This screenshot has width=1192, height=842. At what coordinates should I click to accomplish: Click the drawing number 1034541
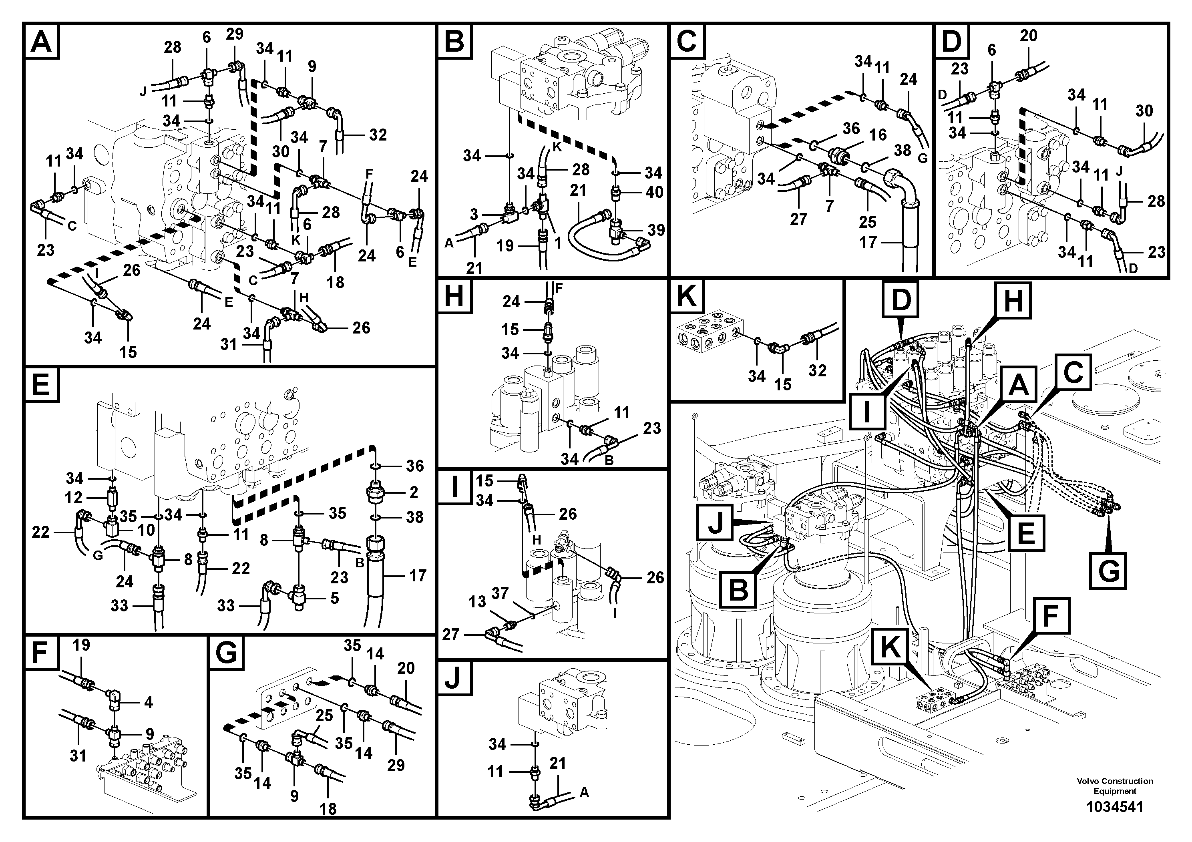point(1115,807)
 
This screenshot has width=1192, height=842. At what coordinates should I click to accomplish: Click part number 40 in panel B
point(654,192)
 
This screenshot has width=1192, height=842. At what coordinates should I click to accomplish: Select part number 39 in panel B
point(656,230)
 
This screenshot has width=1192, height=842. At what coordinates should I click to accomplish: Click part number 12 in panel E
point(73,497)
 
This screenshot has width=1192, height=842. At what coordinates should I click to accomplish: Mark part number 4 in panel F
point(149,702)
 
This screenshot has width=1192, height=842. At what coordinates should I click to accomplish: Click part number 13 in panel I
point(477,602)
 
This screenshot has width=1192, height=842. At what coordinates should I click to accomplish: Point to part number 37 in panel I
point(500,593)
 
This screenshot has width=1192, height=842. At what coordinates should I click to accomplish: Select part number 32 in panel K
point(817,371)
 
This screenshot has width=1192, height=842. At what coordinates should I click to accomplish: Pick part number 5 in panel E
point(334,598)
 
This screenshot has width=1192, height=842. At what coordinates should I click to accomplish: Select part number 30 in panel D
point(1144,111)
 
